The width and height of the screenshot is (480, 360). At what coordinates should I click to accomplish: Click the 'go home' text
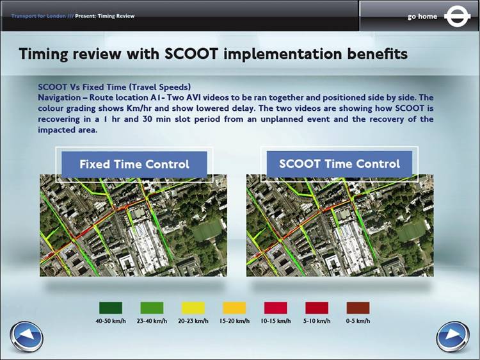tap(422, 17)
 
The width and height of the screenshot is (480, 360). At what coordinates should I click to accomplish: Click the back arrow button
tap(26, 336)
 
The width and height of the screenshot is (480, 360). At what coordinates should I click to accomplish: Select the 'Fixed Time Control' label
tap(134, 164)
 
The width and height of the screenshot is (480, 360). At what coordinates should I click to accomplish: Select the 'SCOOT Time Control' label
tap(339, 163)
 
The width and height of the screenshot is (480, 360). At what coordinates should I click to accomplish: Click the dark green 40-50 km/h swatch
tap(111, 308)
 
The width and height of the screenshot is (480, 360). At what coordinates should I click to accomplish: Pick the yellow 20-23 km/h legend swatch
tap(193, 308)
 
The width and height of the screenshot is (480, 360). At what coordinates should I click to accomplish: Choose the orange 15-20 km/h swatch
tap(234, 308)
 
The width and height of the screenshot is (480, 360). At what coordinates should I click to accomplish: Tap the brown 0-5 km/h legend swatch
tap(358, 308)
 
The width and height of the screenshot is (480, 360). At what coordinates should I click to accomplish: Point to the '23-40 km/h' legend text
tap(152, 321)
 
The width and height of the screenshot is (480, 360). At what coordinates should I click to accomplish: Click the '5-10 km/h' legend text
tap(317, 321)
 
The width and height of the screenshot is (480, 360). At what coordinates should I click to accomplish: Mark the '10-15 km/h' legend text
tap(275, 321)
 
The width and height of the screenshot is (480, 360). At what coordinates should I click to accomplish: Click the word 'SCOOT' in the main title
tap(191, 54)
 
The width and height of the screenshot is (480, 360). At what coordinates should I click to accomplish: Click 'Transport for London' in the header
tap(38, 16)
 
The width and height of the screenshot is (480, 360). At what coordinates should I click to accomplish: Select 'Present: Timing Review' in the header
tap(105, 16)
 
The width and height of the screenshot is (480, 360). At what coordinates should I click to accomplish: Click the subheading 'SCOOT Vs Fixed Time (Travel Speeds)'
tap(114, 87)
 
